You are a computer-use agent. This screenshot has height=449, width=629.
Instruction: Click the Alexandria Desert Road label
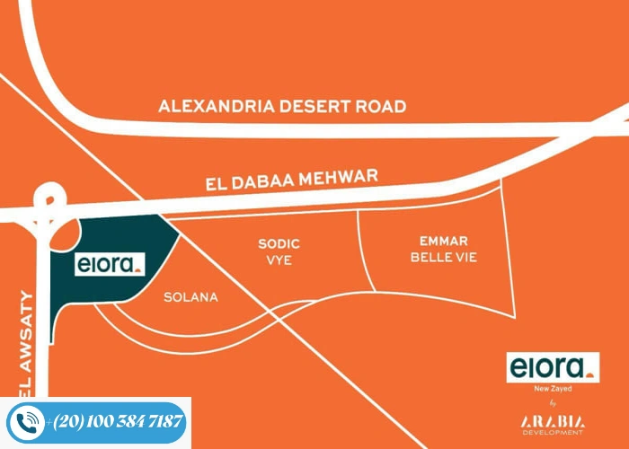[282, 106]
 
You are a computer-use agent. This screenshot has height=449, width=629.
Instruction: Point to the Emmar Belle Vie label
[444, 249]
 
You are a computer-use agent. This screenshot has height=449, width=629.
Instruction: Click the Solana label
[190, 297]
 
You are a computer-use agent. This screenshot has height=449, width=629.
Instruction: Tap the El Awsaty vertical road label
[24, 341]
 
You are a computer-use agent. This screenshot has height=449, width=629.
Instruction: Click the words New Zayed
[552, 390]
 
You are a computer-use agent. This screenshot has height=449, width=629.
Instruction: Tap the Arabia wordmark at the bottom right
[552, 421]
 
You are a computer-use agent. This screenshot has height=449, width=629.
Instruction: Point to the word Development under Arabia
[552, 434]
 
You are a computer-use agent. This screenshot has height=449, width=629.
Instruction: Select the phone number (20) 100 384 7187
[119, 421]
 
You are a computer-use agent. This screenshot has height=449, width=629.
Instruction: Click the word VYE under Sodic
[279, 261]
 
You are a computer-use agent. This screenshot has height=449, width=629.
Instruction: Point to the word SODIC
[279, 243]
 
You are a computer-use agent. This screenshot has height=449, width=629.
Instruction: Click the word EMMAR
[444, 241]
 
